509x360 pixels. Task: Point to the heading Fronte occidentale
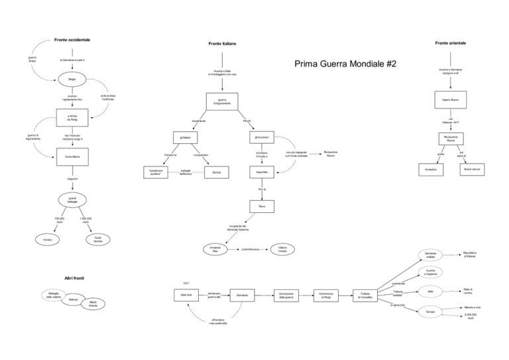click(x=72, y=40)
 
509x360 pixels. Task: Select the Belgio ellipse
click(x=72, y=80)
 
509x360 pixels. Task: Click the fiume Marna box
click(x=72, y=156)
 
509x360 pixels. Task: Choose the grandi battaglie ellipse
click(x=72, y=200)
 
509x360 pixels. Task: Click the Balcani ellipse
click(x=74, y=301)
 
